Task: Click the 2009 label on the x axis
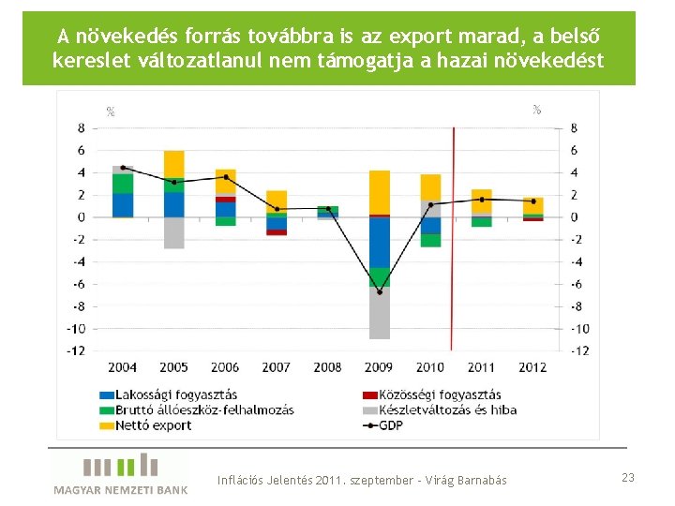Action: (x=380, y=367)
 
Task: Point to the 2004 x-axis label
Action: (x=123, y=367)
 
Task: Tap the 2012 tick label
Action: (x=532, y=367)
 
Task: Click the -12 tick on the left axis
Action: (x=75, y=350)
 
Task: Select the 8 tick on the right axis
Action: (x=574, y=127)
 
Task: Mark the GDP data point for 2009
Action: (x=380, y=291)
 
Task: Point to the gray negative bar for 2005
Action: (x=173, y=232)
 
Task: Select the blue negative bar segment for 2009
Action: (x=380, y=242)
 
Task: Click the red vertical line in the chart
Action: (x=454, y=244)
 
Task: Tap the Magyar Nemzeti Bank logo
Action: (x=120, y=473)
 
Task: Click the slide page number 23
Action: (x=627, y=478)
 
